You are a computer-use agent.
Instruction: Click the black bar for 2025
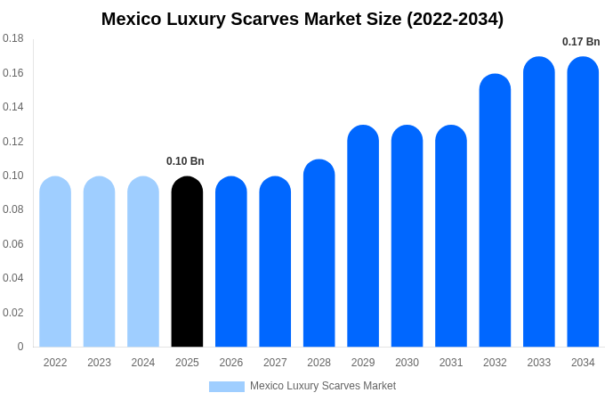click(x=187, y=262)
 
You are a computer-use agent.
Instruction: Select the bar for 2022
click(x=55, y=262)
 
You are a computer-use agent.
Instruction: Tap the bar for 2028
click(x=319, y=254)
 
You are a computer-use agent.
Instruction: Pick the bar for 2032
click(x=495, y=211)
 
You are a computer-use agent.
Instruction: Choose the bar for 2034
click(x=583, y=202)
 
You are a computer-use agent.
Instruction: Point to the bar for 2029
click(x=363, y=236)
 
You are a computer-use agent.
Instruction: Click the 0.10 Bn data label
click(x=185, y=161)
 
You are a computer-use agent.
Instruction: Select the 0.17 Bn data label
click(x=581, y=42)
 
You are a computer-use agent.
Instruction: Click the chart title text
click(x=302, y=19)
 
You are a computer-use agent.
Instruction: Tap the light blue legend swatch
click(x=226, y=386)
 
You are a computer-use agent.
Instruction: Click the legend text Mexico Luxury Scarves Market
click(x=323, y=386)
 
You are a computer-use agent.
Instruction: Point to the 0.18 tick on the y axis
click(x=13, y=38)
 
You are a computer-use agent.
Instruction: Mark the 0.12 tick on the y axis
click(x=13, y=142)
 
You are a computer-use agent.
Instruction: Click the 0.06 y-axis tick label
click(x=13, y=244)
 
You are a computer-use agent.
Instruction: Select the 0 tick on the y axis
click(x=20, y=347)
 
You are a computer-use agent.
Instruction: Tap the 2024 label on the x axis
click(x=143, y=363)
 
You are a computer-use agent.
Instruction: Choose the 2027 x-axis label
click(x=275, y=363)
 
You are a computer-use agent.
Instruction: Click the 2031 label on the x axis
click(x=451, y=363)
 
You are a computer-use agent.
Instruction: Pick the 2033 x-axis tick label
click(x=539, y=363)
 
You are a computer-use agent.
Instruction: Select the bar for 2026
click(x=231, y=262)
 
